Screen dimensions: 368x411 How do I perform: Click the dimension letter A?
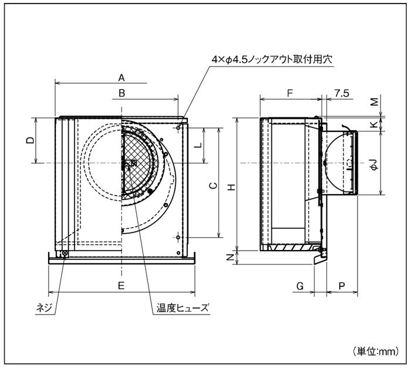pos(122,77)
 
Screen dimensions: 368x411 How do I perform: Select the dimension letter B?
pos(122,93)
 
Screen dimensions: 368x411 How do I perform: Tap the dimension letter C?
pos(214,185)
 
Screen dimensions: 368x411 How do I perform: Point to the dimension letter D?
pos(31,140)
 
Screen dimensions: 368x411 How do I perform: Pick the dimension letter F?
pos(291,93)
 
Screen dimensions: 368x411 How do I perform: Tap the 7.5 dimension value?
pos(342,93)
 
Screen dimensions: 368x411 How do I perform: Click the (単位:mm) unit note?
pos(377,352)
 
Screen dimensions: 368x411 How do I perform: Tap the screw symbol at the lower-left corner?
pos(65,254)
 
